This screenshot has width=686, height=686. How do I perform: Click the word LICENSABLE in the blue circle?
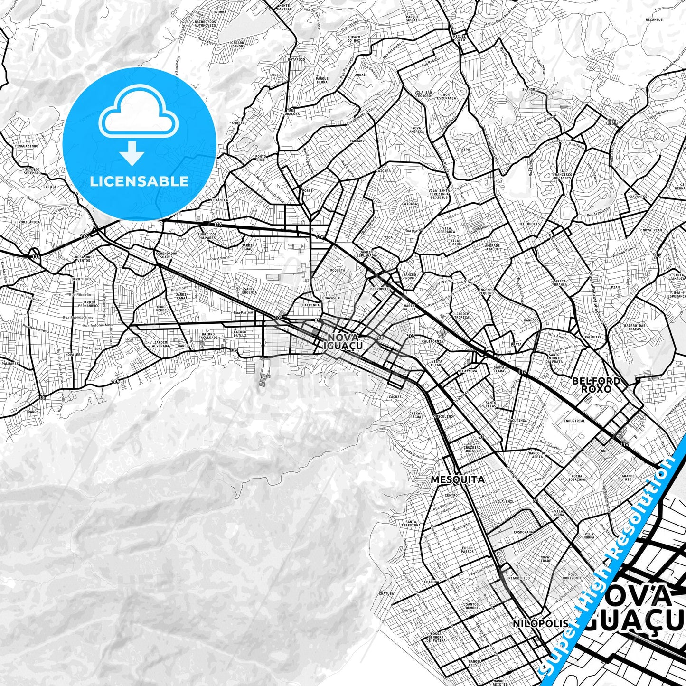(139, 181)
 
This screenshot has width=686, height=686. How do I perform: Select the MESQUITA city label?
(458, 479)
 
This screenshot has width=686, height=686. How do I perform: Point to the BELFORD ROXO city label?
(596, 385)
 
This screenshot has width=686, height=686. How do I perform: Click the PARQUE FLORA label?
(322, 80)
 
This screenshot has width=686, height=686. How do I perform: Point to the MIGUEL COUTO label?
(459, 38)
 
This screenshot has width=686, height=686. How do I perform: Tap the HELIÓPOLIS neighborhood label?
(529, 224)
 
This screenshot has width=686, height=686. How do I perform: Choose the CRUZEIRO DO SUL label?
(472, 449)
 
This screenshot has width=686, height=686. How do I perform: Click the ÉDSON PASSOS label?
(467, 549)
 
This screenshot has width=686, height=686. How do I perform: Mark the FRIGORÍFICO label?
(518, 578)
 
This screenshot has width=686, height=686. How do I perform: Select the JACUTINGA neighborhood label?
(517, 421)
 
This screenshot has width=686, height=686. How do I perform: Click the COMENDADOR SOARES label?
(166, 255)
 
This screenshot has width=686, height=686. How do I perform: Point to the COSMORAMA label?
(523, 532)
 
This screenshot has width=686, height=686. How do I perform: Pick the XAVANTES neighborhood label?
(639, 197)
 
